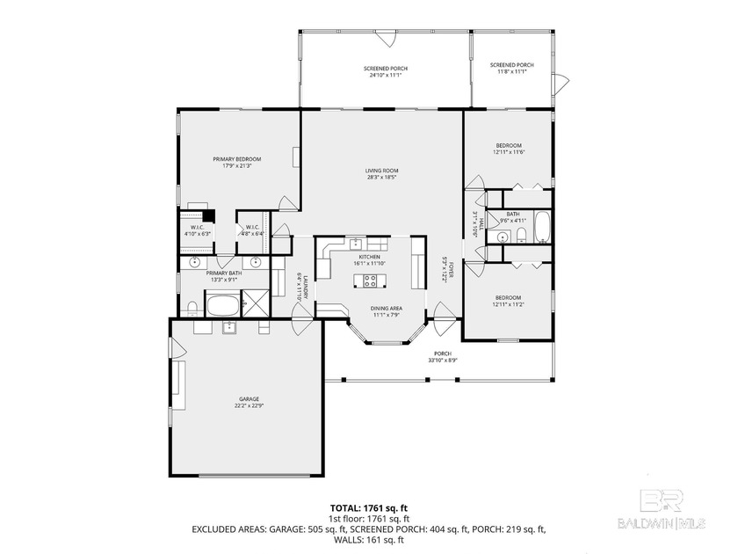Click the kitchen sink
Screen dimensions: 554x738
355,244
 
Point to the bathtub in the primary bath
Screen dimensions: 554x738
221,306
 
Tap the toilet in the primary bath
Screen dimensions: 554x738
192,307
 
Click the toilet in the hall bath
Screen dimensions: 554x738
520,234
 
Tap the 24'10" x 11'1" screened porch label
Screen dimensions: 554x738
386,72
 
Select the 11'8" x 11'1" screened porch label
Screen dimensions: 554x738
511,68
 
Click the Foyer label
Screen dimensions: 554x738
446,268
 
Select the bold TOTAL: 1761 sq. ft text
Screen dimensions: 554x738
368,507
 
